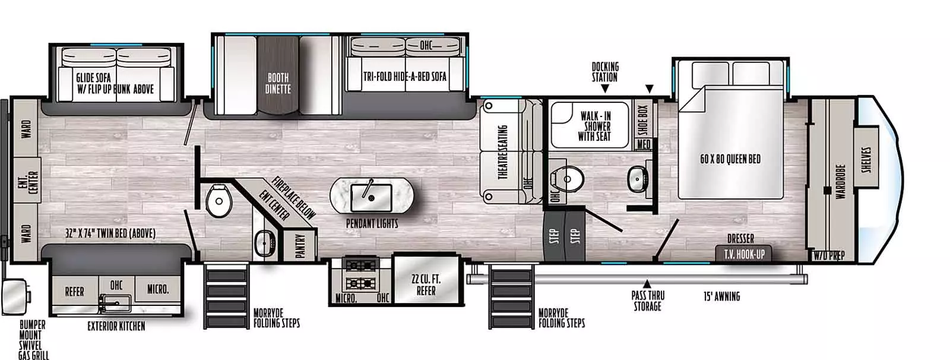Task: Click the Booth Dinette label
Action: [x=278, y=83]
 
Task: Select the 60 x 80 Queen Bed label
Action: [x=730, y=159]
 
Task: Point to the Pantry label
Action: [x=300, y=245]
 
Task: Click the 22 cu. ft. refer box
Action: [x=426, y=285]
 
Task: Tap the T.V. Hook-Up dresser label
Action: [x=744, y=254]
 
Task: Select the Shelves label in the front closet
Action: [x=866, y=160]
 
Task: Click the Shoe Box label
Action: [x=642, y=120]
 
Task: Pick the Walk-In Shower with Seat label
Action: [x=595, y=126]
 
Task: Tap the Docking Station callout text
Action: [x=604, y=72]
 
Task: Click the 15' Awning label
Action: [x=721, y=296]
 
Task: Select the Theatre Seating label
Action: [x=502, y=152]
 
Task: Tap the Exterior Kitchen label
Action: [x=116, y=326]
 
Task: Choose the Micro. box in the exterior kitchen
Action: [x=158, y=290]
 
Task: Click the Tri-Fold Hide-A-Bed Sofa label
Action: [x=404, y=77]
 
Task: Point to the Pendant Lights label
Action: [x=372, y=223]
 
